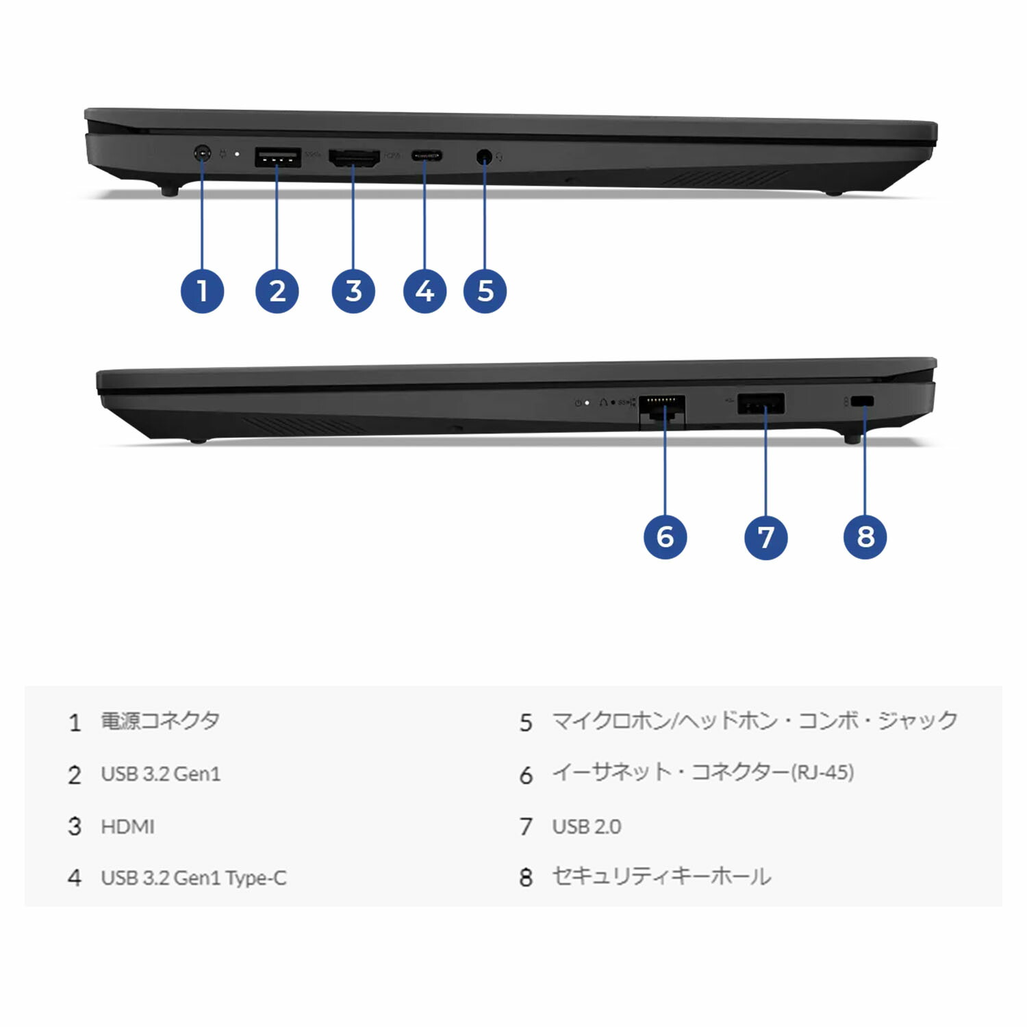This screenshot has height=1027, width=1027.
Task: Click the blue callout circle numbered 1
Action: point(202,291)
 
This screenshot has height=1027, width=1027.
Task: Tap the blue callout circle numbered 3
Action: point(353,291)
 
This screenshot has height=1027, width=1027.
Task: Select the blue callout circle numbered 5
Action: point(485,291)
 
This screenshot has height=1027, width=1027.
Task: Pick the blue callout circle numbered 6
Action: point(665,537)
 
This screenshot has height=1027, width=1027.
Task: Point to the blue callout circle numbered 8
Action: point(865,537)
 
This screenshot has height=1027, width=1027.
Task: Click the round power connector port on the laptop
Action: point(202,153)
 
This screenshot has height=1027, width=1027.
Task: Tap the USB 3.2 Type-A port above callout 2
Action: point(277,157)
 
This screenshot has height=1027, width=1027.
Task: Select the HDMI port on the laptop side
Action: point(354,158)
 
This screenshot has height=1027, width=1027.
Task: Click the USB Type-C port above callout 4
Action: point(426,156)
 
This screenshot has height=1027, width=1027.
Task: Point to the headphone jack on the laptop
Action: point(484,157)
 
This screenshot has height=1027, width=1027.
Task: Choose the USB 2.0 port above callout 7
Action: point(761,404)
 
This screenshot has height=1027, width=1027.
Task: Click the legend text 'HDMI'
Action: point(127,827)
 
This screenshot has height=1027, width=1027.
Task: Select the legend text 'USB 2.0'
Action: point(587,827)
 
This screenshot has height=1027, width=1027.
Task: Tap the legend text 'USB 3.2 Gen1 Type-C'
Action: point(194,878)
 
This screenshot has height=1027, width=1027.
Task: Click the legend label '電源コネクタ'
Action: point(160,721)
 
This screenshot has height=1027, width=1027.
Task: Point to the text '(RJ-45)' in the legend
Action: point(822,772)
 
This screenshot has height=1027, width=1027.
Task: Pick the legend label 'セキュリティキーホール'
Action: point(661,877)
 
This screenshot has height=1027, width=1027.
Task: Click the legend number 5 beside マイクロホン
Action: point(526,723)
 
